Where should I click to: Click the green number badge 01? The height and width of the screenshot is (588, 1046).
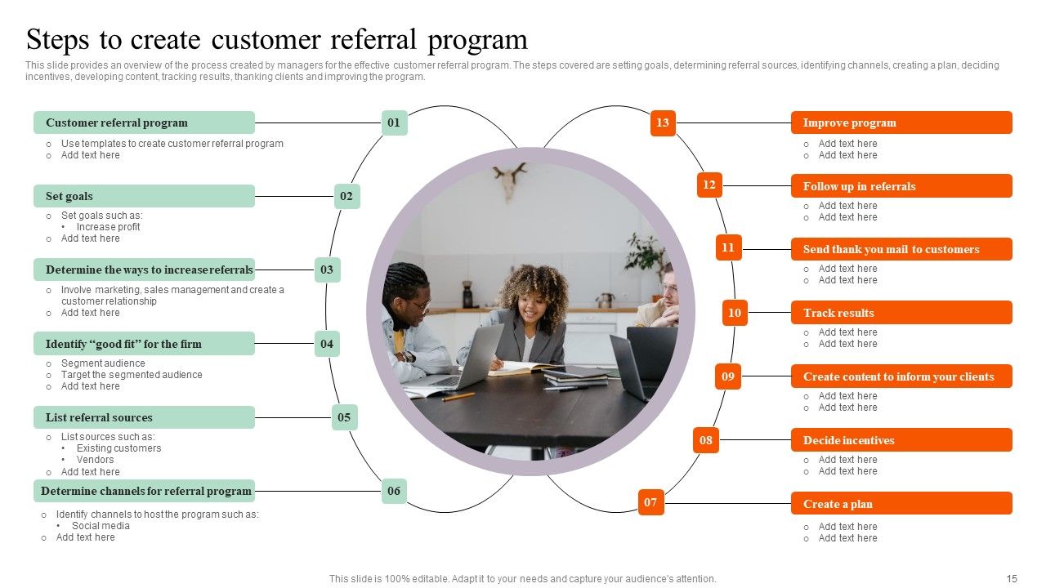click(394, 122)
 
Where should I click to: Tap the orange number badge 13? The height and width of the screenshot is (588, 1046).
click(663, 122)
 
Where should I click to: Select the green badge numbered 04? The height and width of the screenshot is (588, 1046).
click(327, 344)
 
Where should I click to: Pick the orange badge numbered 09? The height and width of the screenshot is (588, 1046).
click(728, 376)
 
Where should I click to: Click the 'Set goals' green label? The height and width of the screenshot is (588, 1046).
click(144, 196)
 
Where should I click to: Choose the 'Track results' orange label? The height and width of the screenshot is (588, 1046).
click(901, 313)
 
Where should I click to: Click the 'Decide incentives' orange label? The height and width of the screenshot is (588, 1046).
click(901, 440)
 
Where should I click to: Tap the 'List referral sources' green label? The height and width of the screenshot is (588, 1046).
click(144, 417)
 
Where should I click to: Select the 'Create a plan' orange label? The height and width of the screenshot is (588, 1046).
click(901, 504)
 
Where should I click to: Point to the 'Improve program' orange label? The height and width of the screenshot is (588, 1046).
click(901, 122)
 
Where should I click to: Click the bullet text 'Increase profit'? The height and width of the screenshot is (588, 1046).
click(108, 227)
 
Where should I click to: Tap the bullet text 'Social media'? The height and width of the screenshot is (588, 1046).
click(101, 526)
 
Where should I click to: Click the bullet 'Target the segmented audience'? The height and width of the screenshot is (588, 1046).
click(132, 375)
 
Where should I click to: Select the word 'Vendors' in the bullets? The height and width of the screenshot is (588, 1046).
click(95, 460)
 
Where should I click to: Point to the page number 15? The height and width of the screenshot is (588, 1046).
click(1012, 579)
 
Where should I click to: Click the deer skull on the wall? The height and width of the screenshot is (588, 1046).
click(510, 180)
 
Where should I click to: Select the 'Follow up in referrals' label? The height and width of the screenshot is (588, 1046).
click(901, 186)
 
